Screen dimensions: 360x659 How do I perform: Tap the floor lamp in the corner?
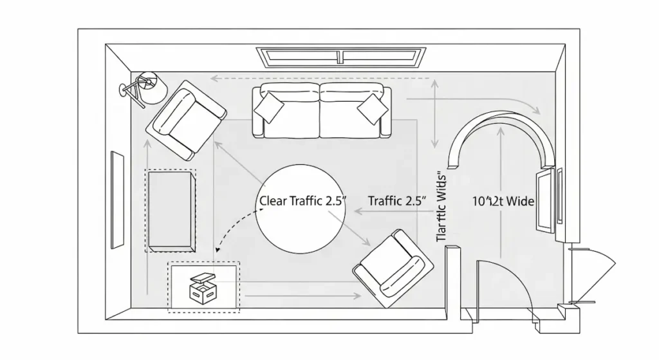coord(145,88)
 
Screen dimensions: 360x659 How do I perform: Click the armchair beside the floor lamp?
coord(186,120)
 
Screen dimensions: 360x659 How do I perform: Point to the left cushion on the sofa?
coord(268,108)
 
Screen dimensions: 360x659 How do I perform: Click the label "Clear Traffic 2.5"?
coord(302,200)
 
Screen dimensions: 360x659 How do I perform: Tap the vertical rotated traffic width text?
coord(441,206)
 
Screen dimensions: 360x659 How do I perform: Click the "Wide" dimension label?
coord(504,201)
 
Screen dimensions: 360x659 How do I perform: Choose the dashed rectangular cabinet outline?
coord(171,211)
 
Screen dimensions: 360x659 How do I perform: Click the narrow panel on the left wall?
coord(117,200)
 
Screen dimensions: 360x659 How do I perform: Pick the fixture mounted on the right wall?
coord(546,200)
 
